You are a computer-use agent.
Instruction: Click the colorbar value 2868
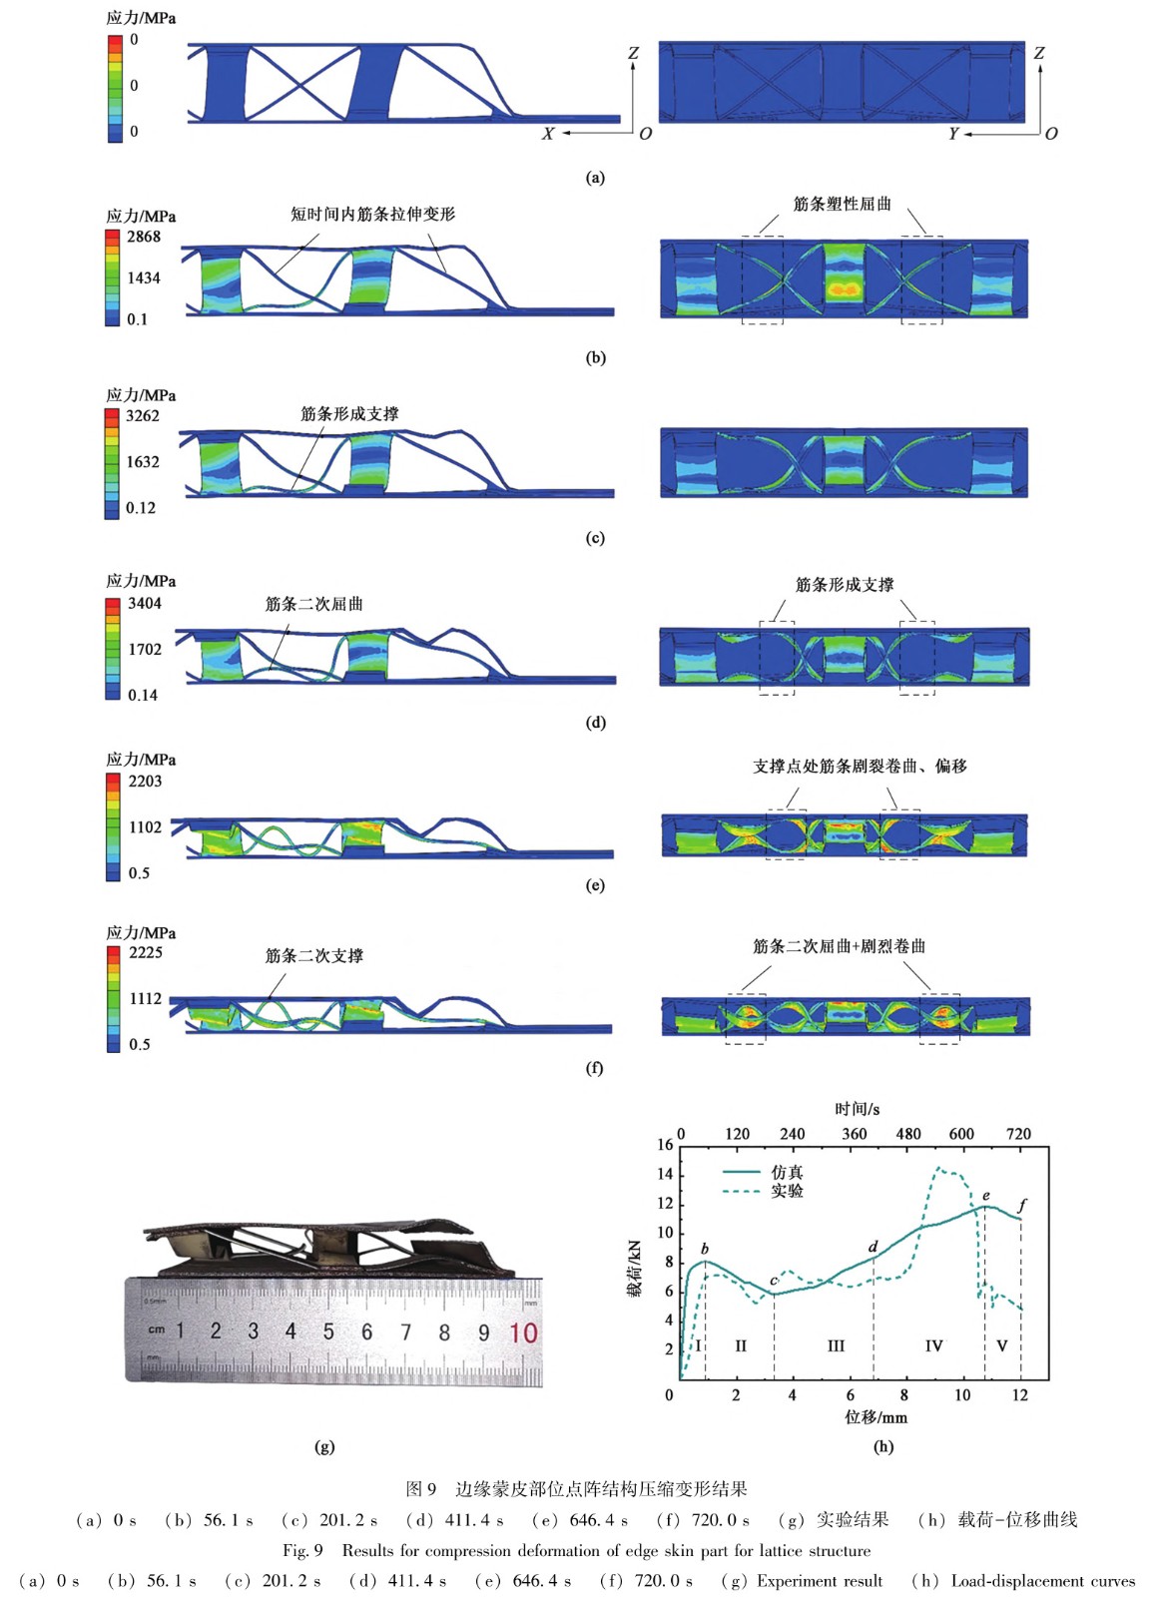coord(143,237)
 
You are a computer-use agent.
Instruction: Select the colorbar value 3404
coord(144,603)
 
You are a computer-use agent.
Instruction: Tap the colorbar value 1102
coord(144,826)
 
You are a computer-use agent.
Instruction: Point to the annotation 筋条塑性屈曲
coord(842,204)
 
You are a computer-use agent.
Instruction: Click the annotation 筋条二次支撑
coord(313,955)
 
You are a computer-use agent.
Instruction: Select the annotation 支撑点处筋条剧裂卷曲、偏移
coord(859,766)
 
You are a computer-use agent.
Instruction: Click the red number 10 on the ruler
coord(522,1332)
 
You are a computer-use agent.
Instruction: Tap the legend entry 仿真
coord(787,1172)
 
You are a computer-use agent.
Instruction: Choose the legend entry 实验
coord(787,1191)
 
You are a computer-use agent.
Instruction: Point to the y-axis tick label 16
coord(665,1145)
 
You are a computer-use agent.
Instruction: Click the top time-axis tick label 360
coord(854,1134)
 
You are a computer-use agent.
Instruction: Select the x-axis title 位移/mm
coord(876,1417)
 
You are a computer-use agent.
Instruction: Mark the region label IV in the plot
coord(933,1345)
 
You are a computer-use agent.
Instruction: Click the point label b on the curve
coord(705,1249)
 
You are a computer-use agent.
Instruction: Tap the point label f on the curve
coord(1022,1205)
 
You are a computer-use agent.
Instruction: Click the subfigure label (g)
coord(324,1446)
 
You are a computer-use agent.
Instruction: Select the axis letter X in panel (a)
coord(547,134)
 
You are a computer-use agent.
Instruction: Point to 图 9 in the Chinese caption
coord(421,1489)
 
